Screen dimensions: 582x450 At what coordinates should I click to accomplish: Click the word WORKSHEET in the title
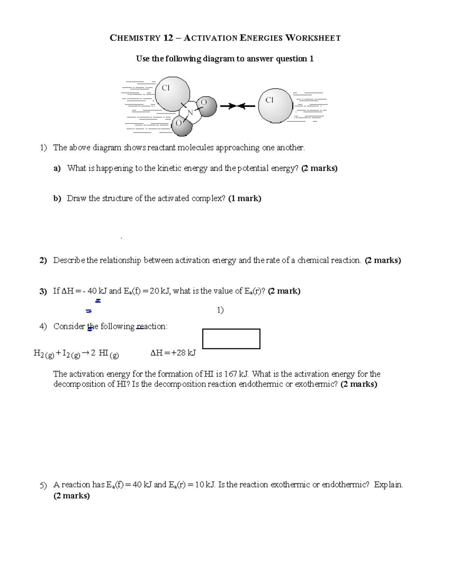pyautogui.click(x=313, y=38)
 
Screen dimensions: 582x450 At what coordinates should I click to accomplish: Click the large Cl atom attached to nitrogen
pyautogui.click(x=172, y=94)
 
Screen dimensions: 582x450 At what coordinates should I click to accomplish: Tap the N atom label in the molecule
pyautogui.click(x=190, y=112)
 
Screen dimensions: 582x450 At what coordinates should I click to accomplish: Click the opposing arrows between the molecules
pyautogui.click(x=237, y=106)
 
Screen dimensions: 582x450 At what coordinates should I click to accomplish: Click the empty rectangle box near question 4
pyautogui.click(x=231, y=339)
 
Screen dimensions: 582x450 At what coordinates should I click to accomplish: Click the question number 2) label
pyautogui.click(x=43, y=260)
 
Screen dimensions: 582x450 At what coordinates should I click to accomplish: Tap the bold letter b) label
pyautogui.click(x=57, y=199)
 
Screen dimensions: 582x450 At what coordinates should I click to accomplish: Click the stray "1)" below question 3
pyautogui.click(x=220, y=310)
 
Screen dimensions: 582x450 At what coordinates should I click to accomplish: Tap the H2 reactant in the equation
pyautogui.click(x=39, y=353)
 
